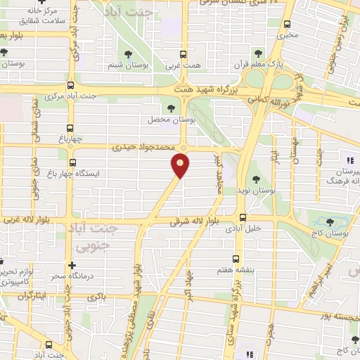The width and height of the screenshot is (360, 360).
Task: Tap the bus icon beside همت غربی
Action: (x=184, y=54)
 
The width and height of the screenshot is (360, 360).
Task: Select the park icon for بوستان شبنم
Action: (x=128, y=54)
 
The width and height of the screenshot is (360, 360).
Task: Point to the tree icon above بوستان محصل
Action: (x=172, y=108)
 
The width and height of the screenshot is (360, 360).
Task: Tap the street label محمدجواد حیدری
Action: (x=145, y=148)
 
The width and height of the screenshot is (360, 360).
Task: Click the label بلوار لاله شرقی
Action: (x=193, y=221)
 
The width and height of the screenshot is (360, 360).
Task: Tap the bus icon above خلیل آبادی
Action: (x=243, y=217)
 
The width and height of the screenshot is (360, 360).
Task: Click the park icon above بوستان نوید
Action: (x=256, y=178)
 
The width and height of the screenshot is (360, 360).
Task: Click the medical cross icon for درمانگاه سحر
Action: (x=72, y=265)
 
